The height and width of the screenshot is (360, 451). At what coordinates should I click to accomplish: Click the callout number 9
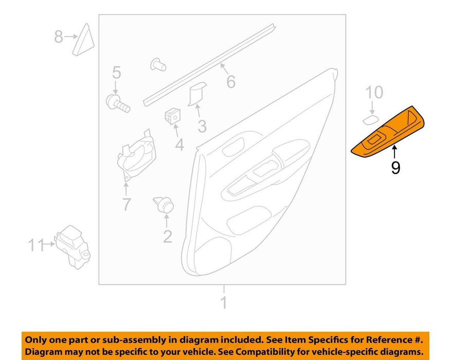[395, 168]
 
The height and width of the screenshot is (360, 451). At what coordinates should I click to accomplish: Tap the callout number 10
[374, 92]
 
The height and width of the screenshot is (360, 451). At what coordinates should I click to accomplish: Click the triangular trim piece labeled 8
[84, 40]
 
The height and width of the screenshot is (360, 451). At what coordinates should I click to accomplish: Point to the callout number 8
[59, 37]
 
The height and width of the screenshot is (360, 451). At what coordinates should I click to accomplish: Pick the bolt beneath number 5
[118, 103]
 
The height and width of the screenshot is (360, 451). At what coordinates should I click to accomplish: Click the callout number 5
[117, 73]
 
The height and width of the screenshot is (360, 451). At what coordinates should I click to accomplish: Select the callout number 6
[231, 81]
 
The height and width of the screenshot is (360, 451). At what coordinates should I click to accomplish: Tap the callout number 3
[202, 126]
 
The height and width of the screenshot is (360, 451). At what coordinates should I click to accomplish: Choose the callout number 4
[180, 145]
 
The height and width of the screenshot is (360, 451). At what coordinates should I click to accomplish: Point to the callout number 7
[127, 205]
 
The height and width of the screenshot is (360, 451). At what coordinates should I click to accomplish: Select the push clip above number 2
[164, 205]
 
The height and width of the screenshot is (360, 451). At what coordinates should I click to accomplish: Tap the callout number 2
[168, 237]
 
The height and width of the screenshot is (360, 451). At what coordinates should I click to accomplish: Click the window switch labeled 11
[73, 247]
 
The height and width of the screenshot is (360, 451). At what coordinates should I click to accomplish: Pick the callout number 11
[36, 245]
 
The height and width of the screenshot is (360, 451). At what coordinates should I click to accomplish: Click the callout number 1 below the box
[224, 303]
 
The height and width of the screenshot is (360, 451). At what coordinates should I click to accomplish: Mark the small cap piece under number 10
[371, 120]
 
